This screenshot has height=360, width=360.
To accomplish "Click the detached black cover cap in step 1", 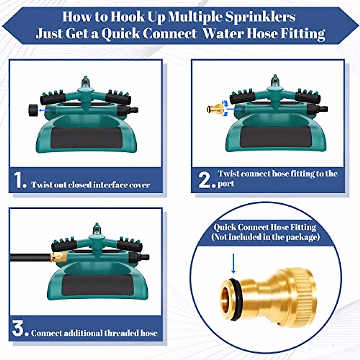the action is pyautogui.click(x=33, y=110).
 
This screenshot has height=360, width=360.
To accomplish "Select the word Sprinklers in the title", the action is pyautogui.click(x=260, y=17).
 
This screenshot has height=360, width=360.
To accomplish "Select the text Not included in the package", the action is pyautogui.click(x=265, y=237).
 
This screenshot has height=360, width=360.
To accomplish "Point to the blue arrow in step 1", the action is pyautogui.click(x=44, y=110).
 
